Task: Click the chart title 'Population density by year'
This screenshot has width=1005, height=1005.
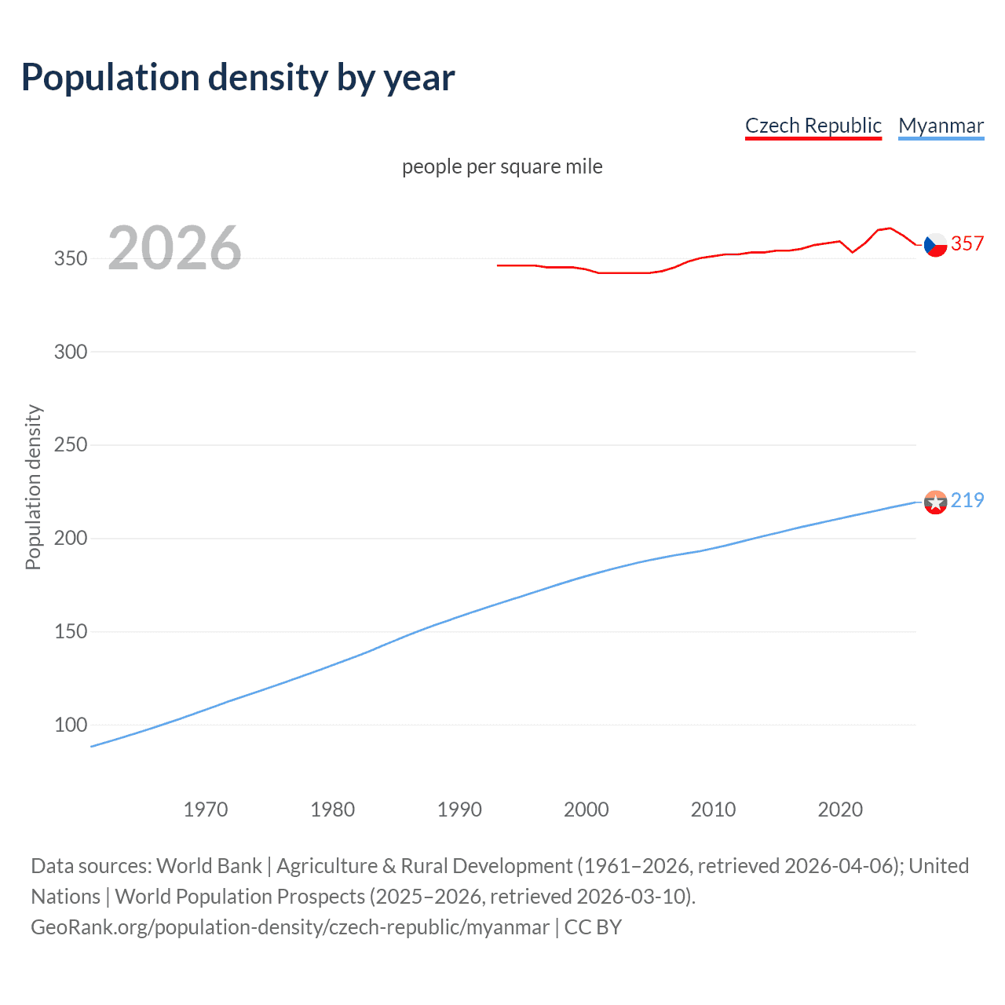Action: coord(238,78)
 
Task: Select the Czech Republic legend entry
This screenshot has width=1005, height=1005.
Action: coord(813,126)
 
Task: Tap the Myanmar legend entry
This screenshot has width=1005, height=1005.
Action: coord(941,126)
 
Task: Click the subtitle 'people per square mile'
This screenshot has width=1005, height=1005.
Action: coord(502,166)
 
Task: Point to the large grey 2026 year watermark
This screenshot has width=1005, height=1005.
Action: coord(174,248)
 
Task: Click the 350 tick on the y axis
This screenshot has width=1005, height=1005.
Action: coord(71,258)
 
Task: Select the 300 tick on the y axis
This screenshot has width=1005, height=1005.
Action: coord(71,352)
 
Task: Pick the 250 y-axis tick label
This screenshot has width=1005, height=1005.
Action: coord(71,445)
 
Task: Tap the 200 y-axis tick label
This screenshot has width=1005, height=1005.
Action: coord(71,539)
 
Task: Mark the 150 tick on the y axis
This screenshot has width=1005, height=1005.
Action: coord(71,632)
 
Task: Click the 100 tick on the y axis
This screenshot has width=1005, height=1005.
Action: coord(71,725)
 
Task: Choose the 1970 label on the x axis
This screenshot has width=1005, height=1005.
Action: coord(206,809)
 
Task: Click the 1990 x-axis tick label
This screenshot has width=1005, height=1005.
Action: coord(459,809)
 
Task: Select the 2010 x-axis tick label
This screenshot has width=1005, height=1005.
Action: coord(713,809)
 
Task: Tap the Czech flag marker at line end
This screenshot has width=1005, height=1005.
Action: coord(935,245)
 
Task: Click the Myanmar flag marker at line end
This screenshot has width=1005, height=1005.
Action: coord(935,502)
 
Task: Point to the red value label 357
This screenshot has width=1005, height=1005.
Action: coord(967,244)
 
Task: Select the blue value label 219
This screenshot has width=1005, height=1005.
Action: coord(967,501)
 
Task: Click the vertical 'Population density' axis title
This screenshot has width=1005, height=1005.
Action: coord(33,487)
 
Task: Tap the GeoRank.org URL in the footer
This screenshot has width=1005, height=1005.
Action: coord(290,927)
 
